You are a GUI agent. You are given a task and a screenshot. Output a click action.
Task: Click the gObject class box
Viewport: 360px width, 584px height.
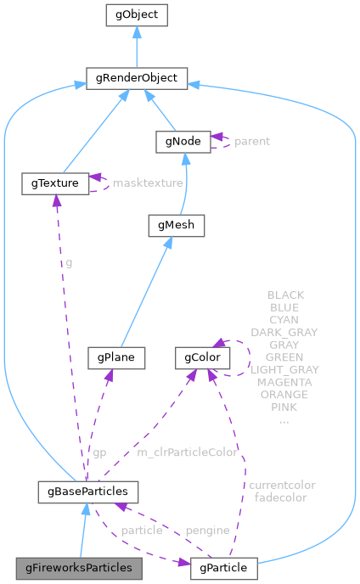click(x=136, y=14)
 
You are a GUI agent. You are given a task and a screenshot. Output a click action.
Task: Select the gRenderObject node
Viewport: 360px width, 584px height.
click(x=136, y=79)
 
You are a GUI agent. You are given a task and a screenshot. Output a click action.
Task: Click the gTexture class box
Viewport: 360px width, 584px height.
click(x=55, y=182)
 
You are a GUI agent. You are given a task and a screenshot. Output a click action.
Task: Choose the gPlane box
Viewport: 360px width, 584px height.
click(x=116, y=357)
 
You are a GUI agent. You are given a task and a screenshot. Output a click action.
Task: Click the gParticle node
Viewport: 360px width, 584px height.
click(x=222, y=566)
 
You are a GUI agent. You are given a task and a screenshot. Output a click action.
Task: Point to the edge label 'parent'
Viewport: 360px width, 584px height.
click(x=252, y=141)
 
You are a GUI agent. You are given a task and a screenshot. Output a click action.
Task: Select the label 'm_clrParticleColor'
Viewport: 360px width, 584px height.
click(x=187, y=452)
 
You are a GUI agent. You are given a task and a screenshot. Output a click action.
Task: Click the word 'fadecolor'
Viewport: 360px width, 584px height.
click(x=280, y=497)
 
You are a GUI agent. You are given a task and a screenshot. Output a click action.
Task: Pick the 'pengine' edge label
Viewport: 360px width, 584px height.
click(x=208, y=531)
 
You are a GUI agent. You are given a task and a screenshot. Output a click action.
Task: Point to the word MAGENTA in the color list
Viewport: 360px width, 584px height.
click(x=284, y=383)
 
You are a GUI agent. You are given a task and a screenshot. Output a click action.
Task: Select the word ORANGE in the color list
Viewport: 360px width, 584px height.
click(x=284, y=395)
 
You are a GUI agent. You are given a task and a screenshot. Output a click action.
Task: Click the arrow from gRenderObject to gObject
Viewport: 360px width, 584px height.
click(x=136, y=47)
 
